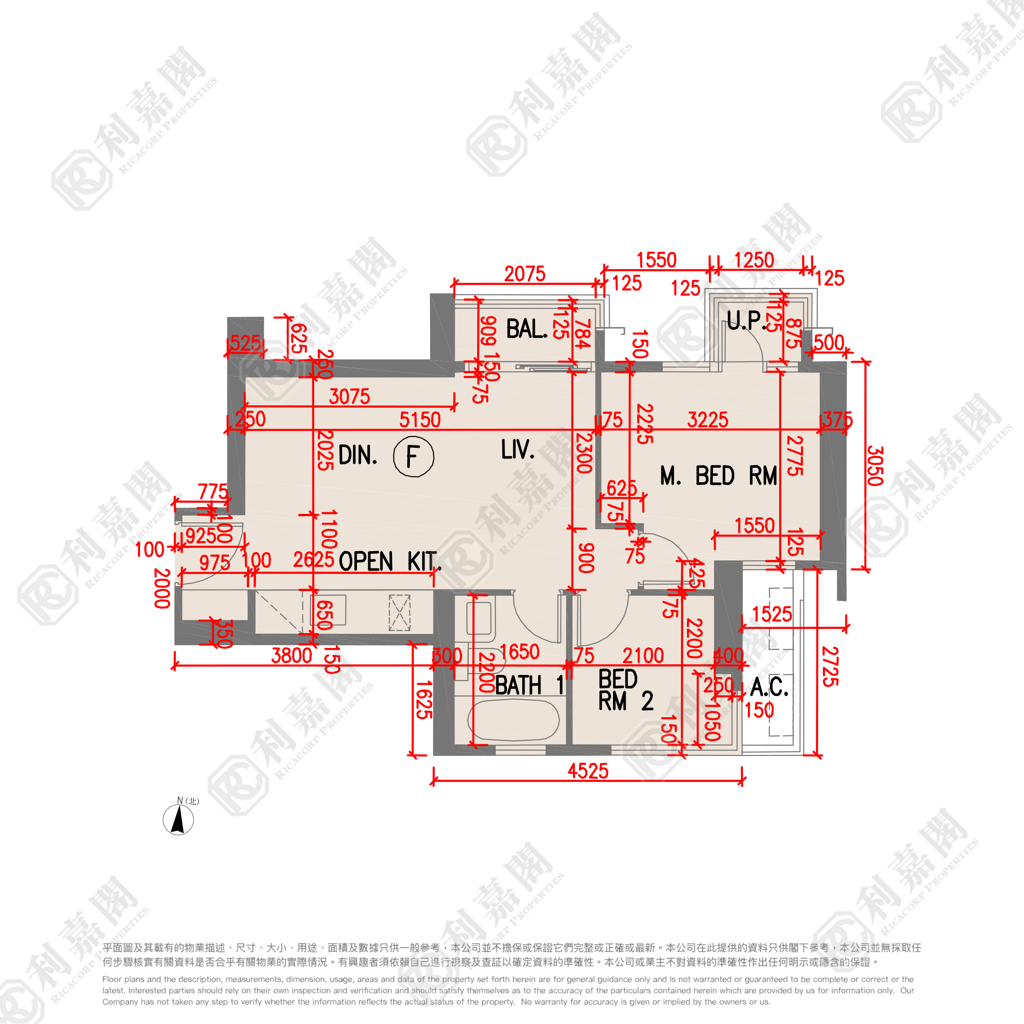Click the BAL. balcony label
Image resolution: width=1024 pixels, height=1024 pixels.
tap(526, 329)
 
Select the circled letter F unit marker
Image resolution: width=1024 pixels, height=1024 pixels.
tap(413, 456)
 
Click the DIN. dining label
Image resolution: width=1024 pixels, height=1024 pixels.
tap(358, 455)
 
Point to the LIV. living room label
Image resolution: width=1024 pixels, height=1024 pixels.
tap(517, 450)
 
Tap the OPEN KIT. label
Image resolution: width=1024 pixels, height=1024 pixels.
tap(390, 561)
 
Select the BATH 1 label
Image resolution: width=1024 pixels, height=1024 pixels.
tap(529, 685)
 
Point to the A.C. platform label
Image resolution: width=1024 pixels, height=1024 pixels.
tap(768, 687)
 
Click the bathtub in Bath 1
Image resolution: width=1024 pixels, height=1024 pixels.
tap(513, 720)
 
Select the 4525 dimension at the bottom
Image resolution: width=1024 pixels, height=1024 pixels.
tap(588, 771)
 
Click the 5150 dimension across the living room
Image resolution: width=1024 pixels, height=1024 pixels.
tap(420, 420)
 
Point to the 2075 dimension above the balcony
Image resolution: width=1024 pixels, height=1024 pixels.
tap(524, 274)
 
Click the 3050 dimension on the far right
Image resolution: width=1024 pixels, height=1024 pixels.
tap(875, 466)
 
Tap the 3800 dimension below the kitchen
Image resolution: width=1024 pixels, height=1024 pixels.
tap(291, 656)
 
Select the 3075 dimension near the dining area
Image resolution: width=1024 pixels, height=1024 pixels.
tap(349, 397)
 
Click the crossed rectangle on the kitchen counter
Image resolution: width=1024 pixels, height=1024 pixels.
tap(400, 613)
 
